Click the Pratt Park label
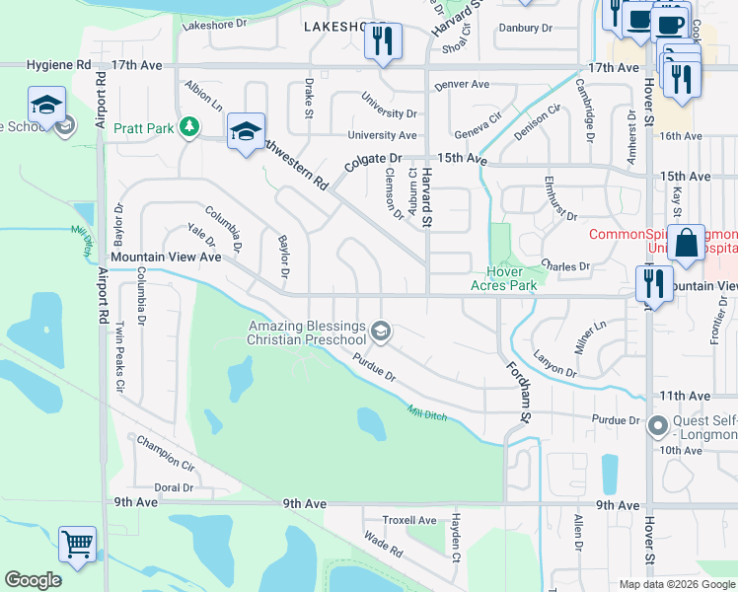click(x=144, y=127)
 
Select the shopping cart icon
click(x=78, y=543)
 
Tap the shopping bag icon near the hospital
click(x=685, y=241)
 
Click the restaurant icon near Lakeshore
click(x=380, y=41)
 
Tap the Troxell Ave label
click(x=409, y=520)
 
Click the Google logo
click(x=34, y=580)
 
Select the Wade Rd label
click(x=383, y=543)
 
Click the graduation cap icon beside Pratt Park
click(x=246, y=130)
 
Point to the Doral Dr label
click(x=174, y=487)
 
